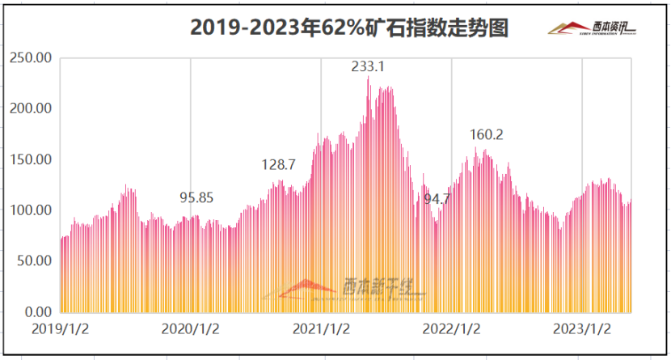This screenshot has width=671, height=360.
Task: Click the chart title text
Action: (348, 28)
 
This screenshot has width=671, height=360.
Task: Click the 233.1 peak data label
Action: (368, 66)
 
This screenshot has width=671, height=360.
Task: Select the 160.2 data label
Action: (487, 134)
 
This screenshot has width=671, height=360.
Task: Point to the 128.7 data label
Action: (279, 164)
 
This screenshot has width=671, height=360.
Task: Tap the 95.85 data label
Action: (196, 197)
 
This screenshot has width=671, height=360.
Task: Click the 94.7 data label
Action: (437, 198)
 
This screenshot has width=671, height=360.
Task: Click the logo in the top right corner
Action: (592, 29)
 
